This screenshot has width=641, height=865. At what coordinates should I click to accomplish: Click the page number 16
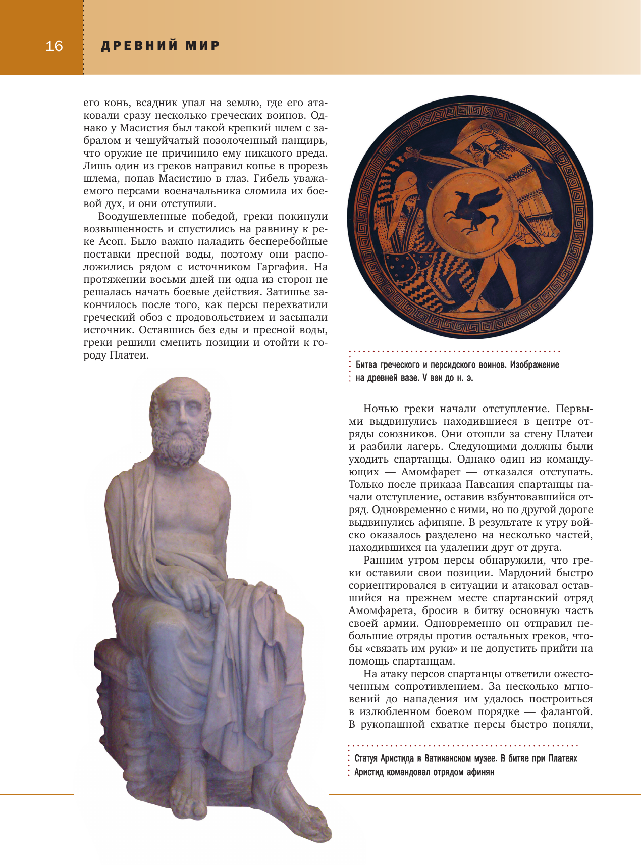54,46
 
